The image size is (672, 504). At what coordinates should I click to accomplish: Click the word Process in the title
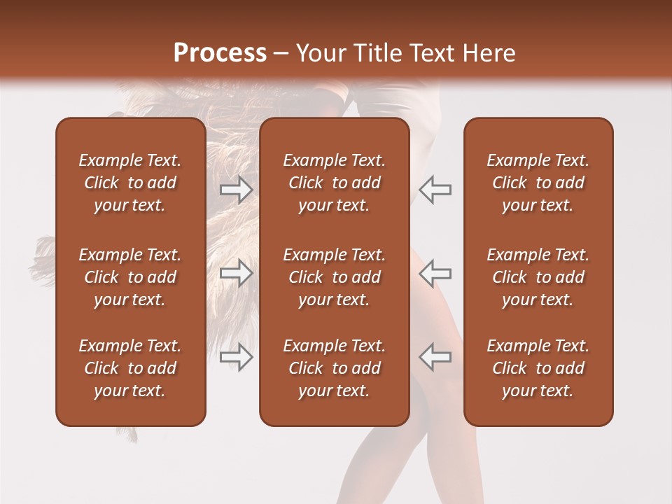(220, 53)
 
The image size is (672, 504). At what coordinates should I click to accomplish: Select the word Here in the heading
(488, 53)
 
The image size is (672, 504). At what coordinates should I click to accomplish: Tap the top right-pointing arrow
(237, 190)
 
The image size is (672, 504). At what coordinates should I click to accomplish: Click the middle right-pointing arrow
(237, 273)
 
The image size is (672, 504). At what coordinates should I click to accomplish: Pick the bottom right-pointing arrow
(237, 357)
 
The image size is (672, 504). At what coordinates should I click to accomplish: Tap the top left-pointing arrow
(435, 190)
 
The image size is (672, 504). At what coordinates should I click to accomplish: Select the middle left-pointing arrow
(435, 273)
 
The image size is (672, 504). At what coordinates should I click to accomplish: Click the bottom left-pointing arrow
(435, 357)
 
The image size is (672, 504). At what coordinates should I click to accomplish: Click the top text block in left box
(130, 183)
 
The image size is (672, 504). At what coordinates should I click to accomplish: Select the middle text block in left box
(130, 277)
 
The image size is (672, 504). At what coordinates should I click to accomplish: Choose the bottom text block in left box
(130, 368)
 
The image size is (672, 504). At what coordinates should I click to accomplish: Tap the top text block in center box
(335, 183)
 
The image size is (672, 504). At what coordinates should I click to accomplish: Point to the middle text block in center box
(335, 277)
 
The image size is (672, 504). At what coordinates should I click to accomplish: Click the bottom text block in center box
(335, 368)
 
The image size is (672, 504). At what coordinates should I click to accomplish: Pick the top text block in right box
(538, 183)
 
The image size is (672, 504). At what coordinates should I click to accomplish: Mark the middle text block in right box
(538, 277)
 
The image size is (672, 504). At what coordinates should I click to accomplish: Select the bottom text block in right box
(538, 368)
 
